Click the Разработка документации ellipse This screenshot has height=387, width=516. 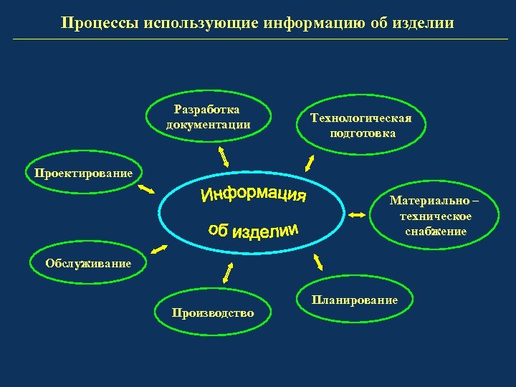tap(208, 116)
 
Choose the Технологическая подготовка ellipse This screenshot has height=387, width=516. tap(362, 125)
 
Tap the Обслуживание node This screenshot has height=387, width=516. tap(88, 263)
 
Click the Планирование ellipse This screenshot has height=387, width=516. tap(354, 300)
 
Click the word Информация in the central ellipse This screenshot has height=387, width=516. tap(254, 194)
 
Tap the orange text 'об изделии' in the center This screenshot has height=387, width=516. tap(252, 229)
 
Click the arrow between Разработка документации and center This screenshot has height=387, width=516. tap(223, 155)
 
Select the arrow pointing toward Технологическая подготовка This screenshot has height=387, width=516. tap(310, 163)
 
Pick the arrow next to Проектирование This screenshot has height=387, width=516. tap(147, 190)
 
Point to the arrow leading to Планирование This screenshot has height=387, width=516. tap(318, 261)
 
